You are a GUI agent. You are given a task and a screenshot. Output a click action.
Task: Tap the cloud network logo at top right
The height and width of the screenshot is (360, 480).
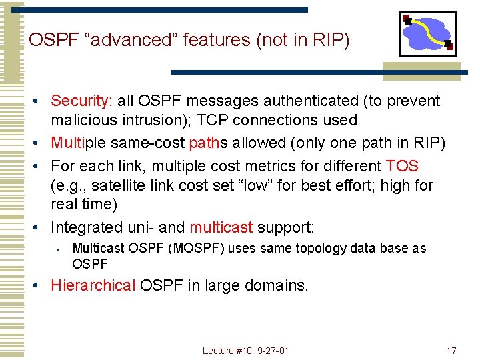click(427, 34)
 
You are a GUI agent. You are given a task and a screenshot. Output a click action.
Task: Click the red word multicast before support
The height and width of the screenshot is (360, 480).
click(221, 228)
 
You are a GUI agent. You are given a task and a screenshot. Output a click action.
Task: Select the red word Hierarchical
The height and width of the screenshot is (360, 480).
click(93, 286)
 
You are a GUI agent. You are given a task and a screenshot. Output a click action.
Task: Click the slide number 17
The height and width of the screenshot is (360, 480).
click(451, 351)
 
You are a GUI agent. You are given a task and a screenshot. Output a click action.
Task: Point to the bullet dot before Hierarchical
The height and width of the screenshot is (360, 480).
click(41, 287)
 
